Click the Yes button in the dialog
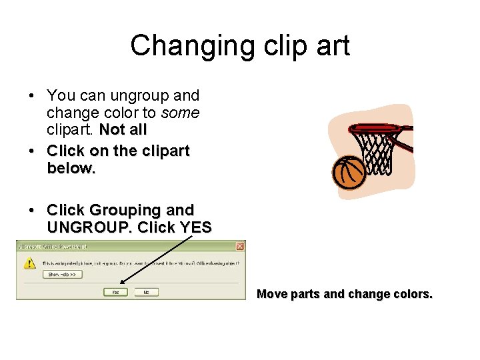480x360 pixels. click(115, 292)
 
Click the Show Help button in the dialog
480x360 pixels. click(62, 274)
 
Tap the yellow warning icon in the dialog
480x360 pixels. click(30, 263)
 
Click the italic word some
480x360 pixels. click(181, 113)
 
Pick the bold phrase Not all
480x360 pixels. click(123, 129)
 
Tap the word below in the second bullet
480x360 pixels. click(71, 168)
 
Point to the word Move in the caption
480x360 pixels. click(271, 294)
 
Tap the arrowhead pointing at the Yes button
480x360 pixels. click(121, 283)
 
